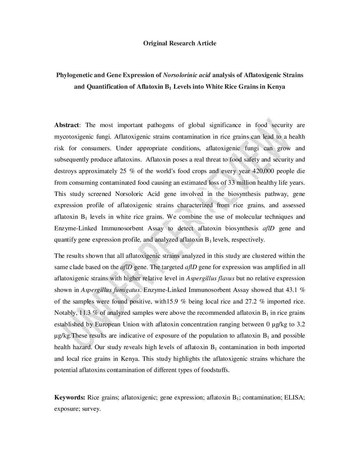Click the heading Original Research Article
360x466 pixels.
click(180, 43)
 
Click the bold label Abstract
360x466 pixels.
click(67, 125)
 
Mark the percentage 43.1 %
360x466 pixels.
click(295, 290)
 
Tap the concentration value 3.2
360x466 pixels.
click(301, 324)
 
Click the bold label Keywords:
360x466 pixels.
click(70, 397)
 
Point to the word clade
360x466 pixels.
click(68, 267)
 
